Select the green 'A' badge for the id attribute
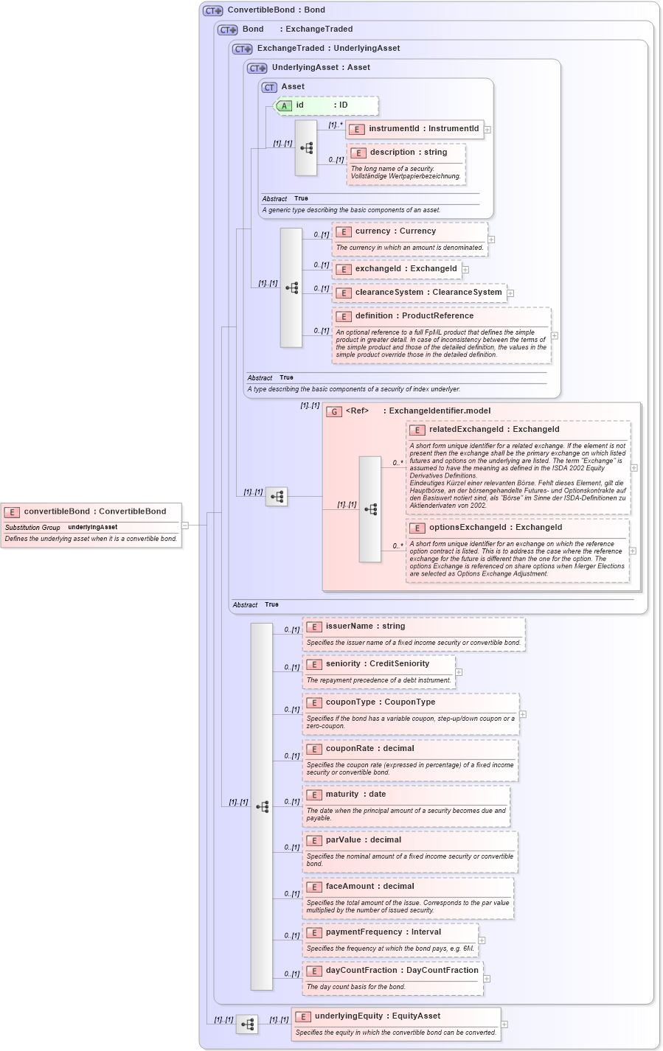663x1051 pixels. [x=284, y=106]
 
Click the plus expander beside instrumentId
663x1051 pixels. [x=487, y=130]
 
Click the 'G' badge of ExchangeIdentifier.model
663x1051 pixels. [x=334, y=412]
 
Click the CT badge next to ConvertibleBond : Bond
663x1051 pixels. [x=213, y=11]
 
